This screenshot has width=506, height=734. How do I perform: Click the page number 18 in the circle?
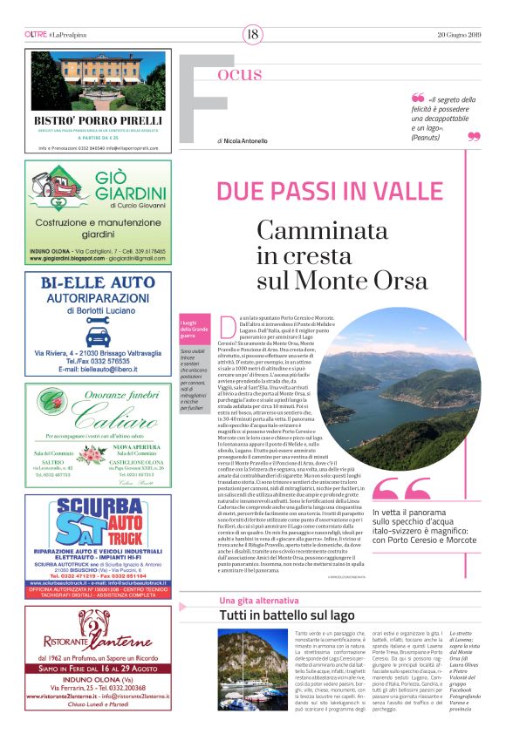tap(253, 34)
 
